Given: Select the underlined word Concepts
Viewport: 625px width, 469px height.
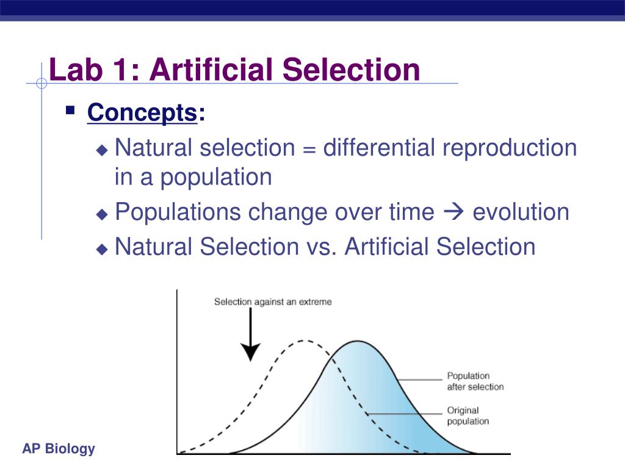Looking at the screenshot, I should tap(142, 113).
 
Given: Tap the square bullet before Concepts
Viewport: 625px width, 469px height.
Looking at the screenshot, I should tap(70, 111).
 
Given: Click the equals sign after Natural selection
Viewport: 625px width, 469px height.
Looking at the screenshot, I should tap(308, 148).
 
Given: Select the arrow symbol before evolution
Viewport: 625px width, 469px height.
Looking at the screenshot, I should tap(453, 213).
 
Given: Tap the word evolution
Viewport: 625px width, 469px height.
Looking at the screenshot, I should tap(521, 213).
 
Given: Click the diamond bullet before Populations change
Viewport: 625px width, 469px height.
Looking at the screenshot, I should tap(102, 214).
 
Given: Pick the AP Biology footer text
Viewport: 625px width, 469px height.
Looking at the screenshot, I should tap(59, 449).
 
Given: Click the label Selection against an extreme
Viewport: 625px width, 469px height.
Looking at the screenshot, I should tap(273, 302).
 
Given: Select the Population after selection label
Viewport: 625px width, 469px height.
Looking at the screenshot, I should tap(475, 381).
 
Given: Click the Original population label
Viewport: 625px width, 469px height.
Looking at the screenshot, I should tap(468, 416).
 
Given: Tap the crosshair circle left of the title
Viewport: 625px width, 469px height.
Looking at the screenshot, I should tap(42, 84).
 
